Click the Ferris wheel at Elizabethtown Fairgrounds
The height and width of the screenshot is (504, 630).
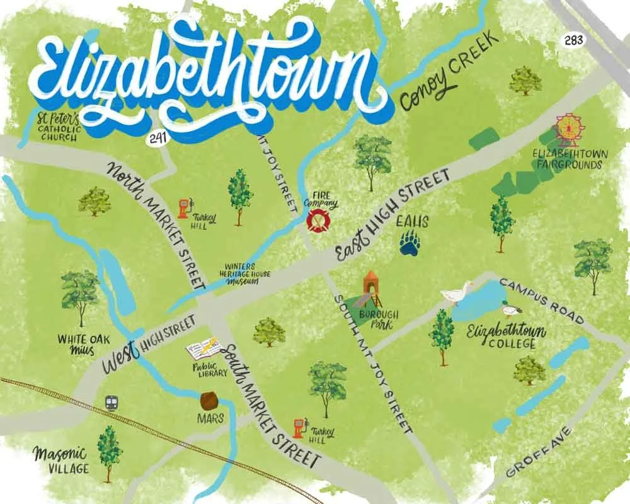569,129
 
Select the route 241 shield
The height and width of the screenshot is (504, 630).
158,139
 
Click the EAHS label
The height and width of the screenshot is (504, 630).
413,222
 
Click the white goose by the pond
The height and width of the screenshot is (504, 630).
457,293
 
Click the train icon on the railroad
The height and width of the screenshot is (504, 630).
113,402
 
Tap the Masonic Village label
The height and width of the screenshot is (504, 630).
61,461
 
